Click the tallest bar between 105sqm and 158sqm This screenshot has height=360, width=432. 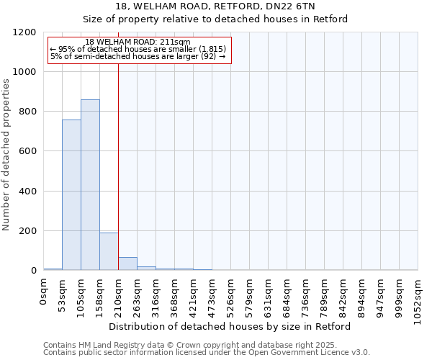[x=90, y=185]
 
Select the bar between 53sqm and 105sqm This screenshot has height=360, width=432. [x=71, y=195]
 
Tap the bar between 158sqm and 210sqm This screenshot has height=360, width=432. [x=109, y=251]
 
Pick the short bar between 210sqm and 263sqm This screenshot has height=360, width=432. [x=127, y=264]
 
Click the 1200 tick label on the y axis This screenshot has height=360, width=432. [x=24, y=32]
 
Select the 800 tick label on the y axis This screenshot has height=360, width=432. [x=27, y=112]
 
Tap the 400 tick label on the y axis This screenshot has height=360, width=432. [x=27, y=192]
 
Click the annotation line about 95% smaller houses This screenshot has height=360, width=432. [x=138, y=49]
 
